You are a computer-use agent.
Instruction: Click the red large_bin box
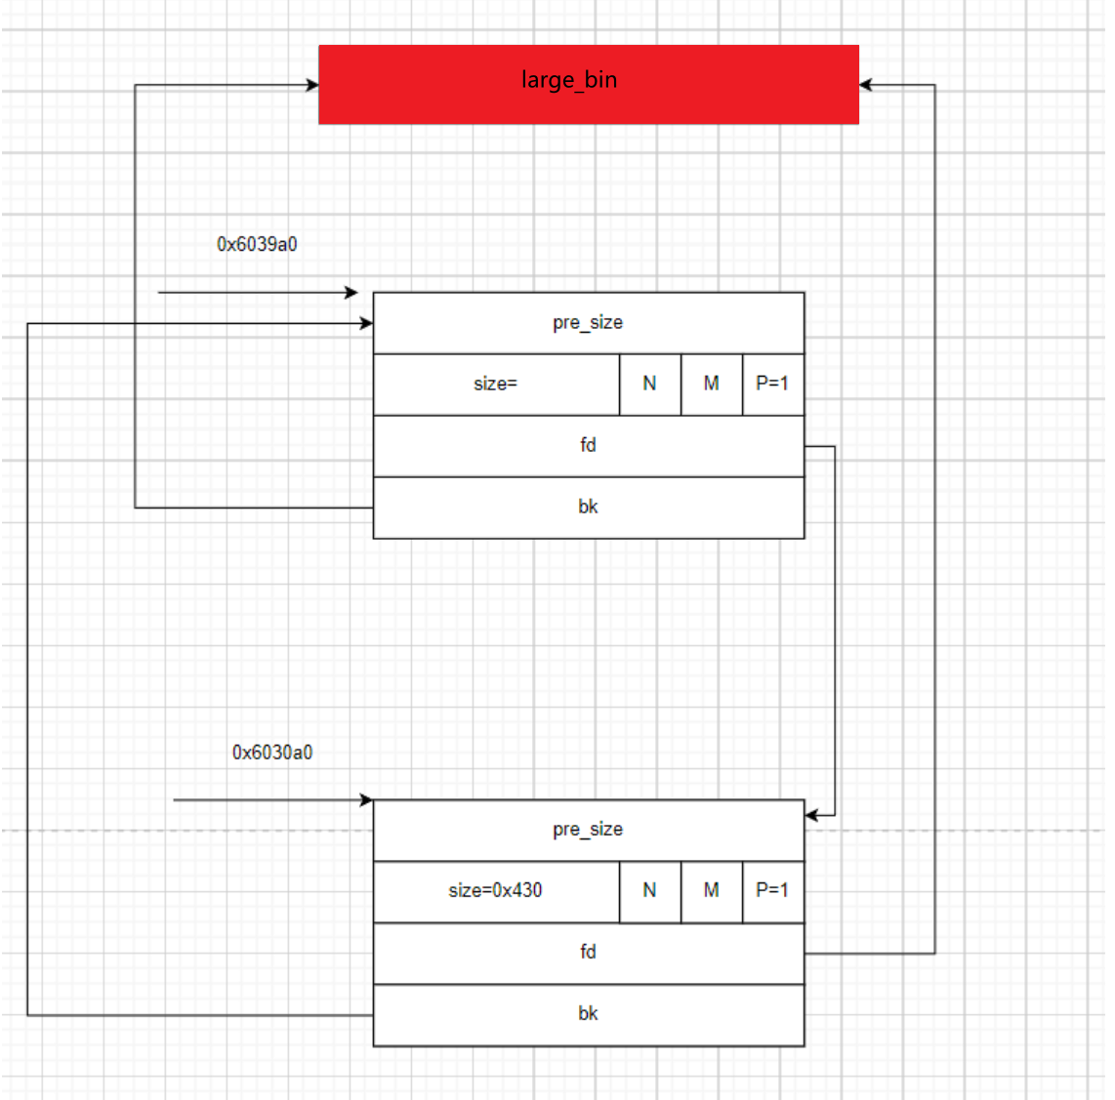[588, 84]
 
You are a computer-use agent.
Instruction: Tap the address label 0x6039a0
[257, 244]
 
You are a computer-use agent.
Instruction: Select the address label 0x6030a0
[272, 753]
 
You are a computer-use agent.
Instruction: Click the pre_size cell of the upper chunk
[588, 323]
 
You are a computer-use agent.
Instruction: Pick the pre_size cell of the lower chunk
[588, 830]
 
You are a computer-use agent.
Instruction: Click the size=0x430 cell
[495, 891]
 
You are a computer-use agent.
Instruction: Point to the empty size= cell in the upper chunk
[495, 385]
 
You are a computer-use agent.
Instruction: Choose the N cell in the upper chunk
[649, 385]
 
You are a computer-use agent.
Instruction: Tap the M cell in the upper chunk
[711, 385]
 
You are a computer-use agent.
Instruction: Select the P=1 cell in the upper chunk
[772, 385]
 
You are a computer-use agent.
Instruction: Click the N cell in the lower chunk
[649, 891]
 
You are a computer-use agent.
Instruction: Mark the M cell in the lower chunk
[711, 891]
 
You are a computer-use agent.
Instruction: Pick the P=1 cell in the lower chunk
[772, 891]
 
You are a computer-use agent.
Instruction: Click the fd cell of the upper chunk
[588, 446]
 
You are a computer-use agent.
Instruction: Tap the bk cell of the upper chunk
[588, 508]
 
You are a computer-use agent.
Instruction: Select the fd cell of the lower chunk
[588, 953]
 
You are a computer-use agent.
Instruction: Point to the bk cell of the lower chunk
[588, 1014]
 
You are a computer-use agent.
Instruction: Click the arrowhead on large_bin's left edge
[312, 85]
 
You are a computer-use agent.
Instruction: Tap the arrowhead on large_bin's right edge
[866, 85]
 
